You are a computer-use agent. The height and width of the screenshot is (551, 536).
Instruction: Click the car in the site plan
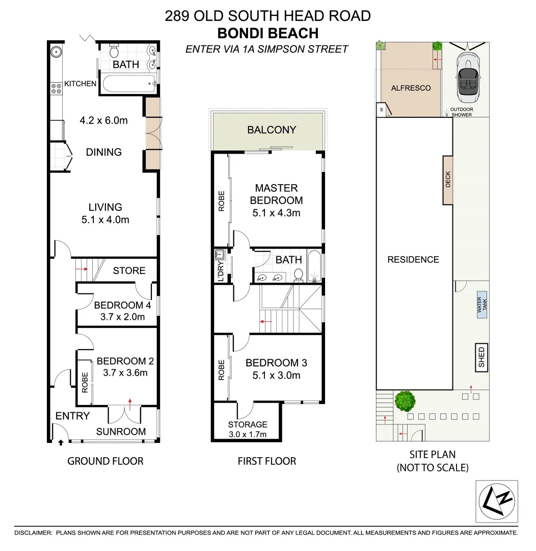468,77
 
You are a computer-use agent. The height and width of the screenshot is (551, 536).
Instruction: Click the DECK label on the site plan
448,180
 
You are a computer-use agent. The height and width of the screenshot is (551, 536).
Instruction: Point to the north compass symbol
496,502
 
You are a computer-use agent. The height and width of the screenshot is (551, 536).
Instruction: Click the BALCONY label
272,130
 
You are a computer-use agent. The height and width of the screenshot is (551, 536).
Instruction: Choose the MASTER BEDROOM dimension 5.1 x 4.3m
276,213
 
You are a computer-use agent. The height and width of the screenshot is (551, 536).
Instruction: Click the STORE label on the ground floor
129,270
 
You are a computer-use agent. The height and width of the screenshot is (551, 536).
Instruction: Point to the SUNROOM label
121,432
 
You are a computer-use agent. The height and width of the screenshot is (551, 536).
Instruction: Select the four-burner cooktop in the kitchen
56,88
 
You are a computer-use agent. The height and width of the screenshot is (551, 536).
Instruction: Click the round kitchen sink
56,52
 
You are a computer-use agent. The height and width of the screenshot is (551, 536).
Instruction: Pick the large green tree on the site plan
405,401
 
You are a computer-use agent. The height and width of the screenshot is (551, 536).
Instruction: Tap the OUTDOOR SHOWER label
461,112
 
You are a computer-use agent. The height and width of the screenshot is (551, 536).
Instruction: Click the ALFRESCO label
411,88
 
